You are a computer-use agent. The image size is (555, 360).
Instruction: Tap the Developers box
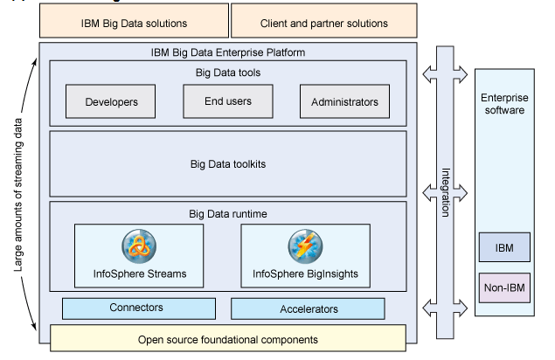112,102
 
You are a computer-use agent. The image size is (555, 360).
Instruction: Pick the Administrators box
344,102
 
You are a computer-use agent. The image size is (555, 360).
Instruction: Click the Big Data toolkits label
226,163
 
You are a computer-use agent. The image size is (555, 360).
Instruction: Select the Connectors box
138,308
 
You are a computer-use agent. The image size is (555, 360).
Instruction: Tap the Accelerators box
308,308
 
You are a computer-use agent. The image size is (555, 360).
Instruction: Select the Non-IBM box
503,287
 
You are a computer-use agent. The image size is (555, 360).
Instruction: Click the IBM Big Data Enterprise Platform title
227,52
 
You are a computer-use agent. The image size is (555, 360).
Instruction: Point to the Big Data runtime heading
226,212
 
